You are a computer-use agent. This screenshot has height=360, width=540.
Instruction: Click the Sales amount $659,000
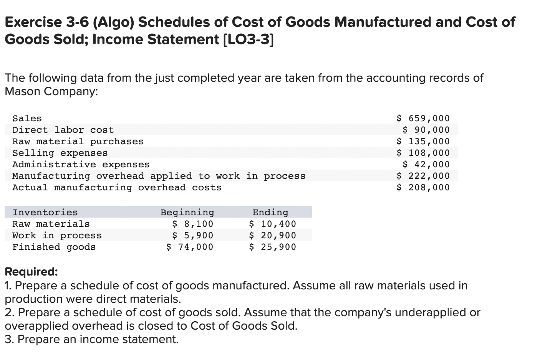[423, 119]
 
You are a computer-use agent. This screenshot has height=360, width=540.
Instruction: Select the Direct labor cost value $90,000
[426, 130]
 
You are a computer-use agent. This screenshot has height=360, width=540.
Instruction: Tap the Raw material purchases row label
[78, 142]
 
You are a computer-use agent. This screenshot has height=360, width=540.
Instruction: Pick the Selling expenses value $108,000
[423, 153]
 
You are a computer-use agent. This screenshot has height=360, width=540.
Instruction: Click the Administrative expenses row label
[81, 165]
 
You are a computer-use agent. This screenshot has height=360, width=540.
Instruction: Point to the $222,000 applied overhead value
[423, 176]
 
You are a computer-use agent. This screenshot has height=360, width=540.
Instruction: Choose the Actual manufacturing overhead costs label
[117, 188]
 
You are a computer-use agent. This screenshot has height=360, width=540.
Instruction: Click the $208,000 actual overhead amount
[423, 188]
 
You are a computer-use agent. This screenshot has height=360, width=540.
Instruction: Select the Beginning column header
[187, 212]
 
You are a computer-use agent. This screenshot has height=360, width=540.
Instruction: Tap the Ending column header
[270, 212]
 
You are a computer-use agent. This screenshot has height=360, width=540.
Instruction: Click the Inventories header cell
[45, 212]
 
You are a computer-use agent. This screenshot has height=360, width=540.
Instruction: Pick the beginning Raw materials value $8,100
[192, 224]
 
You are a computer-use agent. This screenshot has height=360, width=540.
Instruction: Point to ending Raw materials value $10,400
[273, 224]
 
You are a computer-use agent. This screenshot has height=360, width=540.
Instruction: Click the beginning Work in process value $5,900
[192, 235]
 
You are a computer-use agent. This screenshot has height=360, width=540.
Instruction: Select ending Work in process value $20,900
[273, 235]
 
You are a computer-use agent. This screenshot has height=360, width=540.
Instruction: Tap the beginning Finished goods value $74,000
[190, 247]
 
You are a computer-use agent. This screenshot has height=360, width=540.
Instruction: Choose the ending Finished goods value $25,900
[273, 247]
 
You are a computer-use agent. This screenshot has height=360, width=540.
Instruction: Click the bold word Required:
[31, 272]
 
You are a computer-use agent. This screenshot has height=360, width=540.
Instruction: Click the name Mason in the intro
[22, 91]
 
